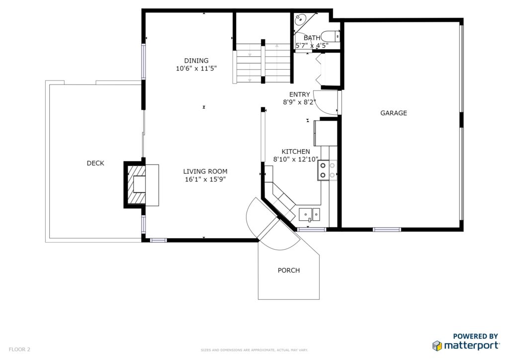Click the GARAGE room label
pyautogui.click(x=394, y=113)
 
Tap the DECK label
pyautogui.click(x=95, y=163)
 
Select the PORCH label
pyautogui.click(x=289, y=270)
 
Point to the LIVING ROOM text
pyautogui.click(x=205, y=172)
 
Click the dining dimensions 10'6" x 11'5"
pyautogui.click(x=196, y=69)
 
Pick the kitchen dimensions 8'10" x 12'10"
pyautogui.click(x=295, y=160)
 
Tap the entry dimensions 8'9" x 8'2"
pyautogui.click(x=299, y=102)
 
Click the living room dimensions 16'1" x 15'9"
pyautogui.click(x=205, y=179)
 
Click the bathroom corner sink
pyautogui.click(x=300, y=20)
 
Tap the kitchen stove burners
pyautogui.click(x=327, y=171)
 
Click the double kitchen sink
pyautogui.click(x=309, y=215)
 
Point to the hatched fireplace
pyautogui.click(x=136, y=184)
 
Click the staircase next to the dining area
pyautogui.click(x=263, y=63)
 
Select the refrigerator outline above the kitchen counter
pyautogui.click(x=326, y=133)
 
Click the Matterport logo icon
pyautogui.click(x=437, y=346)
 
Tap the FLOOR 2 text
pyautogui.click(x=19, y=350)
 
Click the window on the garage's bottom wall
pyautogui.click(x=387, y=230)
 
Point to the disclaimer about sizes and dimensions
pyautogui.click(x=254, y=350)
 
